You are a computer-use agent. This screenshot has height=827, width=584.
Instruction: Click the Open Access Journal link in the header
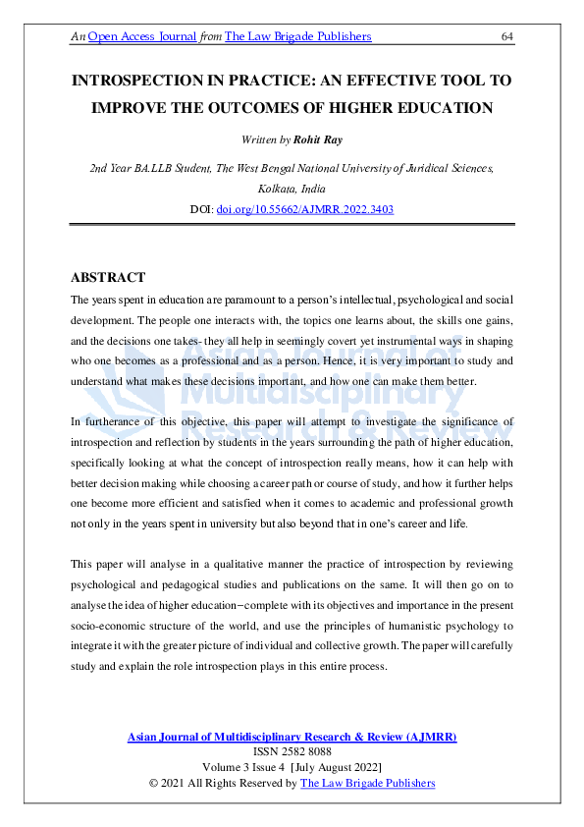point(144,36)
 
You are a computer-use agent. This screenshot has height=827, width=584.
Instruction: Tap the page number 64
point(507,36)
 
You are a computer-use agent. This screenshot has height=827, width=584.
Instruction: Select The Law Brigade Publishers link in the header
point(298,36)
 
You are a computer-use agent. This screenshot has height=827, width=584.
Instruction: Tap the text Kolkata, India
point(292,189)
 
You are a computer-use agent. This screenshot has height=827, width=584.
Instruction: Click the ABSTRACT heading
point(108,277)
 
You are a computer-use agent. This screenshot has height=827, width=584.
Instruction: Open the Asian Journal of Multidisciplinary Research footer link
point(292,737)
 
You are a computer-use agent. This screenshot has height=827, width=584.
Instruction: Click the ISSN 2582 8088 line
point(292,751)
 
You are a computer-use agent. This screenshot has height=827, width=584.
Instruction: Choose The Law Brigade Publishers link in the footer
point(367,782)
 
